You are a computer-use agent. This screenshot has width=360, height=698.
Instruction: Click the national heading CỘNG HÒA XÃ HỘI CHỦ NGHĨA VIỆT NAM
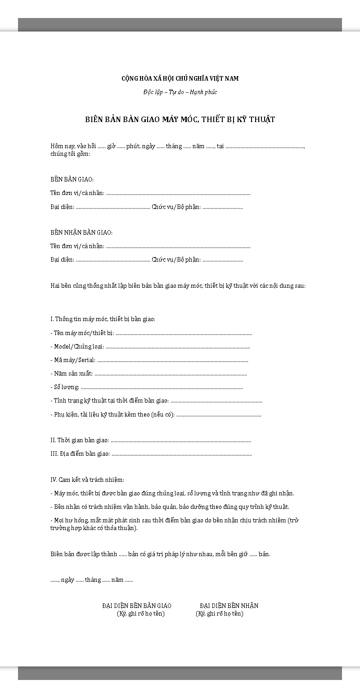(180, 78)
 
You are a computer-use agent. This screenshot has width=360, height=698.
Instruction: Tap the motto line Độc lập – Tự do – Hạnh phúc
(180, 92)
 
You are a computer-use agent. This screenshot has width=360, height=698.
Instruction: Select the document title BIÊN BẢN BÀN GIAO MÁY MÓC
(180, 119)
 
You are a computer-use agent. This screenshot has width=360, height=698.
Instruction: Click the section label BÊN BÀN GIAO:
(72, 180)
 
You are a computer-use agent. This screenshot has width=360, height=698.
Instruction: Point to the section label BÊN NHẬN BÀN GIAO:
(81, 232)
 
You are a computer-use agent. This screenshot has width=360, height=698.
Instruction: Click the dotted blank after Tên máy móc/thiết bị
(184, 333)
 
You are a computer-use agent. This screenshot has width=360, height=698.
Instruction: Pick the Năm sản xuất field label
(72, 374)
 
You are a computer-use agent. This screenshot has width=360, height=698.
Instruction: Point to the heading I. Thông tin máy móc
(103, 319)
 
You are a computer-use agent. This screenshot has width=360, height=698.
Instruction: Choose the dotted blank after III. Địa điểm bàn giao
(182, 454)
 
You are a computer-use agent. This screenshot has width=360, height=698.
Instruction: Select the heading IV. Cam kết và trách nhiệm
(87, 480)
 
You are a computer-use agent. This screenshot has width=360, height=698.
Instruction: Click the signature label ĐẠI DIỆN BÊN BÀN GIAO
(137, 606)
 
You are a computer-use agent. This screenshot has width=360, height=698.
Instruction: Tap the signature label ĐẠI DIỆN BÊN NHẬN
(229, 606)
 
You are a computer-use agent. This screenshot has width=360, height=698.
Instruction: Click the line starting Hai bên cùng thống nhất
(178, 286)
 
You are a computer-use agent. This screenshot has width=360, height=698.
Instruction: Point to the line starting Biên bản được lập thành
(160, 554)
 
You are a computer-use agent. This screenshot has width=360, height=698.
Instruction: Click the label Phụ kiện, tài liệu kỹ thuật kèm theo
(112, 414)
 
